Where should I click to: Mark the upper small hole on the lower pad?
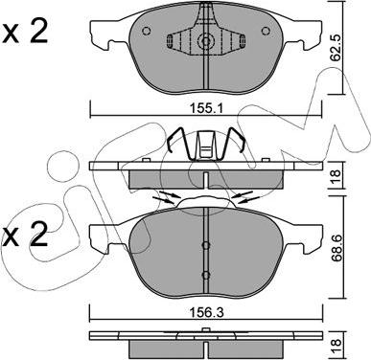[x=205, y=244]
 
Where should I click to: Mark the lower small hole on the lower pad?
[x=205, y=275]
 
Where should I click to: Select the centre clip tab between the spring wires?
[x=204, y=146]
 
